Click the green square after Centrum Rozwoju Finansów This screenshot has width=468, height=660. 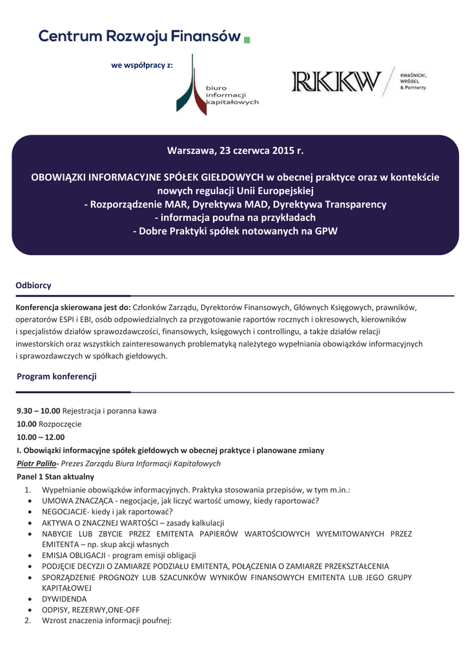(247, 40)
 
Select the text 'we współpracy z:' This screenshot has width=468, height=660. (142, 65)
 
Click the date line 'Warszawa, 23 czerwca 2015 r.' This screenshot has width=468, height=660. (235, 151)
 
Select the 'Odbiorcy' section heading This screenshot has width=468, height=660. (34, 285)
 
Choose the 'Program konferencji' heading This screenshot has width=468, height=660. (57, 376)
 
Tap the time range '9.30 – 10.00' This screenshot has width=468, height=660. (38, 411)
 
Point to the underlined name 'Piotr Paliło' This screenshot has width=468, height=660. (36, 463)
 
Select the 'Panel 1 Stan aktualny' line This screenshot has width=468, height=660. (56, 477)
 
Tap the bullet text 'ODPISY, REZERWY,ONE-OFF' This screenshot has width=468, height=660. (90, 610)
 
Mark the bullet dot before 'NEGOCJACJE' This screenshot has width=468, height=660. (32, 512)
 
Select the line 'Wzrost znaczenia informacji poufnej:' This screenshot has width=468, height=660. (107, 621)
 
